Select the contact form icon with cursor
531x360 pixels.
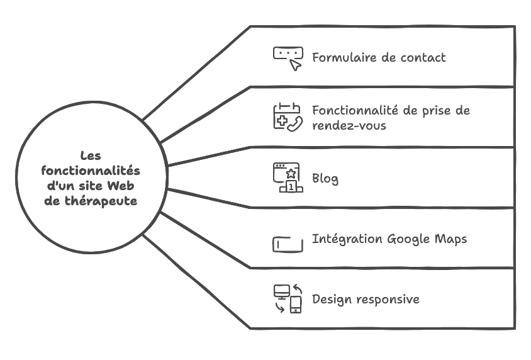pos(288,58)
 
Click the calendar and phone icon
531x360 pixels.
pos(288,118)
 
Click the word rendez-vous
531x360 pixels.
pos(349,125)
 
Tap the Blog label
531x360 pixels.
pos(325,179)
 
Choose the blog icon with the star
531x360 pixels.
pos(288,178)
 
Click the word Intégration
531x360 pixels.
pos(347,239)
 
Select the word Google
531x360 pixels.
pos(408,239)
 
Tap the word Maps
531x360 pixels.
pos(450,239)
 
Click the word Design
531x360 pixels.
pos(332,299)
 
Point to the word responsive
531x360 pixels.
pos(388,300)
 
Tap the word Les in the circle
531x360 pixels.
pos(91,156)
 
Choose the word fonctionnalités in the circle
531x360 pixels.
pos(91,171)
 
